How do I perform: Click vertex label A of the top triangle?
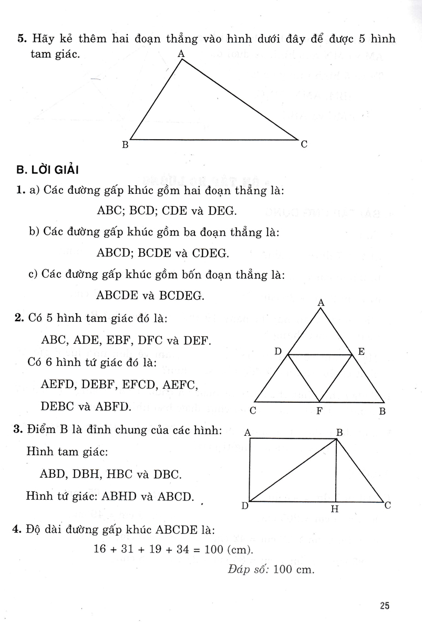click(x=181, y=53)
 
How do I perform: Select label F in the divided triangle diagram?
click(x=318, y=411)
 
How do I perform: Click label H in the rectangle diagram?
click(x=335, y=508)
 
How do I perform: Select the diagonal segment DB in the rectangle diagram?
click(x=292, y=470)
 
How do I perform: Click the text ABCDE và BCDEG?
click(x=151, y=296)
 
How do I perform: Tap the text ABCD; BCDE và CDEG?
click(x=163, y=253)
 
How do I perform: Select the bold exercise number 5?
click(x=21, y=39)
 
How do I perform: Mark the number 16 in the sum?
click(x=100, y=550)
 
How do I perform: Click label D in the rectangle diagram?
click(x=245, y=506)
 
